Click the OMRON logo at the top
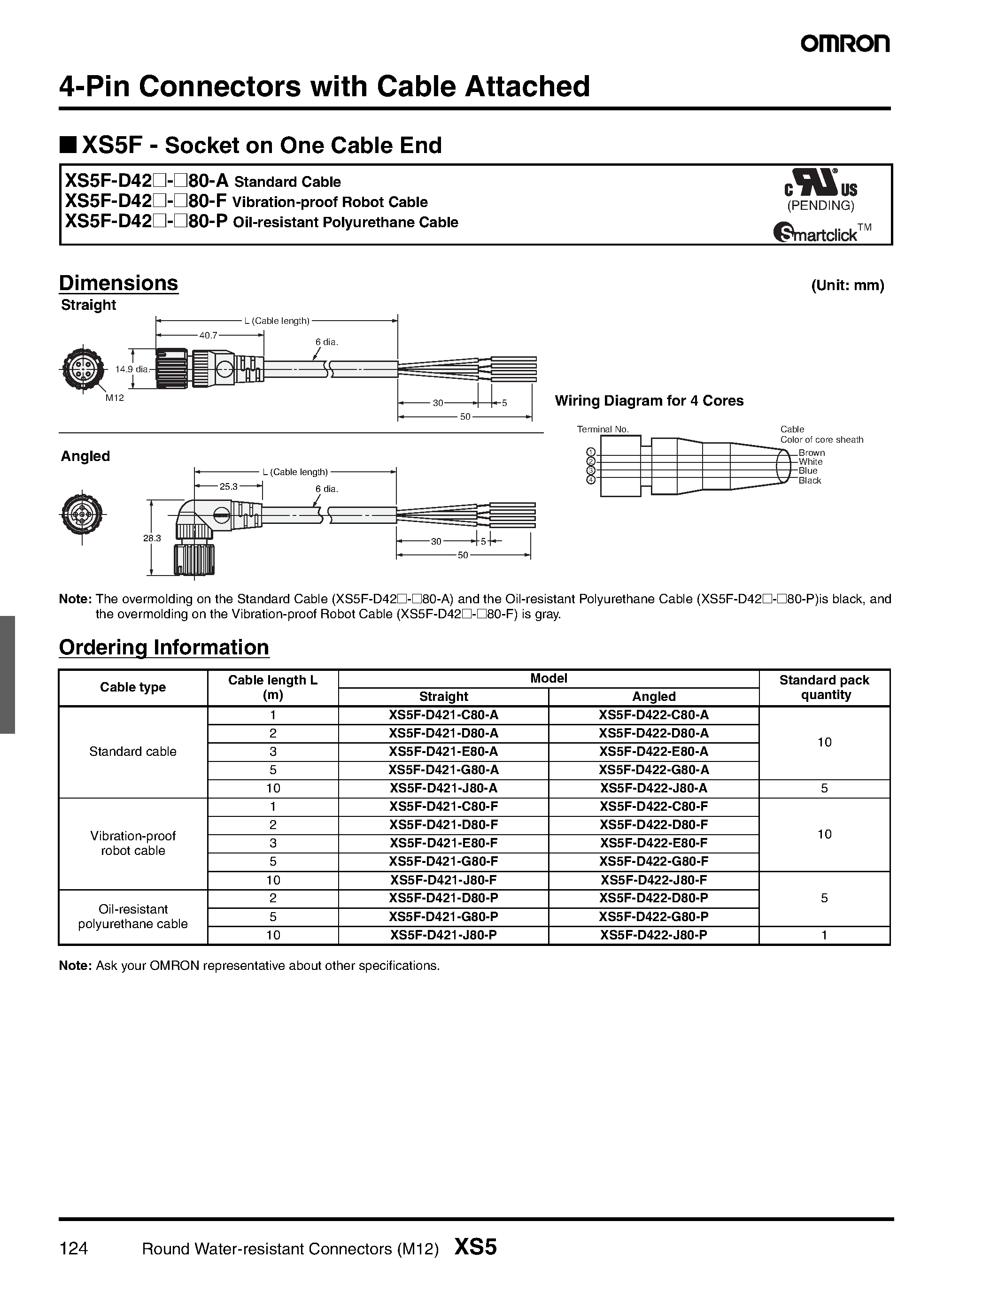point(845,44)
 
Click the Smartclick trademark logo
point(821,232)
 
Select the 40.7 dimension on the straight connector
point(208,335)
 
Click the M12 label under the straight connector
point(115,398)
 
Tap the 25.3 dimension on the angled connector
point(228,486)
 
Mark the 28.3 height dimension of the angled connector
point(152,538)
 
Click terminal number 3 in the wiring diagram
point(590,470)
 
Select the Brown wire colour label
point(811,453)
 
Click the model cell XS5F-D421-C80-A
point(443,715)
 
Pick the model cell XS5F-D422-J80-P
point(653,935)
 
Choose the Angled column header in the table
point(653,696)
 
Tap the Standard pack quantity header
point(824,687)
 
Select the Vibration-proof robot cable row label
point(133,843)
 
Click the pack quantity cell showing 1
point(824,935)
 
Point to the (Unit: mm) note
point(847,285)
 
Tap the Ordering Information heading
point(164,647)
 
